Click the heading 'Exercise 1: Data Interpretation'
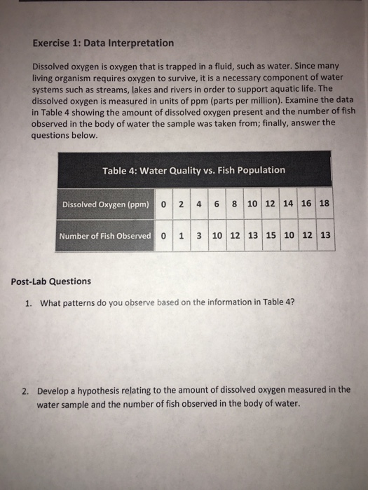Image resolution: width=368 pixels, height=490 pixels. coord(103,43)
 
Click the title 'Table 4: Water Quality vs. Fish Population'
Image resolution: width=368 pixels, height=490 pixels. coord(193,170)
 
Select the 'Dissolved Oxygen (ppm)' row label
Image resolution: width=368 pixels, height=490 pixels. coord(103,204)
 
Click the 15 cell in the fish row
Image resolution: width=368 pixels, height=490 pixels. coord(271,234)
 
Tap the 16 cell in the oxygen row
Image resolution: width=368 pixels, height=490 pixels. coord(306,204)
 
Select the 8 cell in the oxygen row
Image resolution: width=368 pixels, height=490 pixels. coord(232,204)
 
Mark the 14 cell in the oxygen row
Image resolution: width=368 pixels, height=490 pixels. coord(287,204)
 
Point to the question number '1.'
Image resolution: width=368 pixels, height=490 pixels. coord(29,303)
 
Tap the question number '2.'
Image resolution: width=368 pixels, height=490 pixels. coord(28,391)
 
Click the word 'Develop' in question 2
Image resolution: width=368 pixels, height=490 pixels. coord(53,391)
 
